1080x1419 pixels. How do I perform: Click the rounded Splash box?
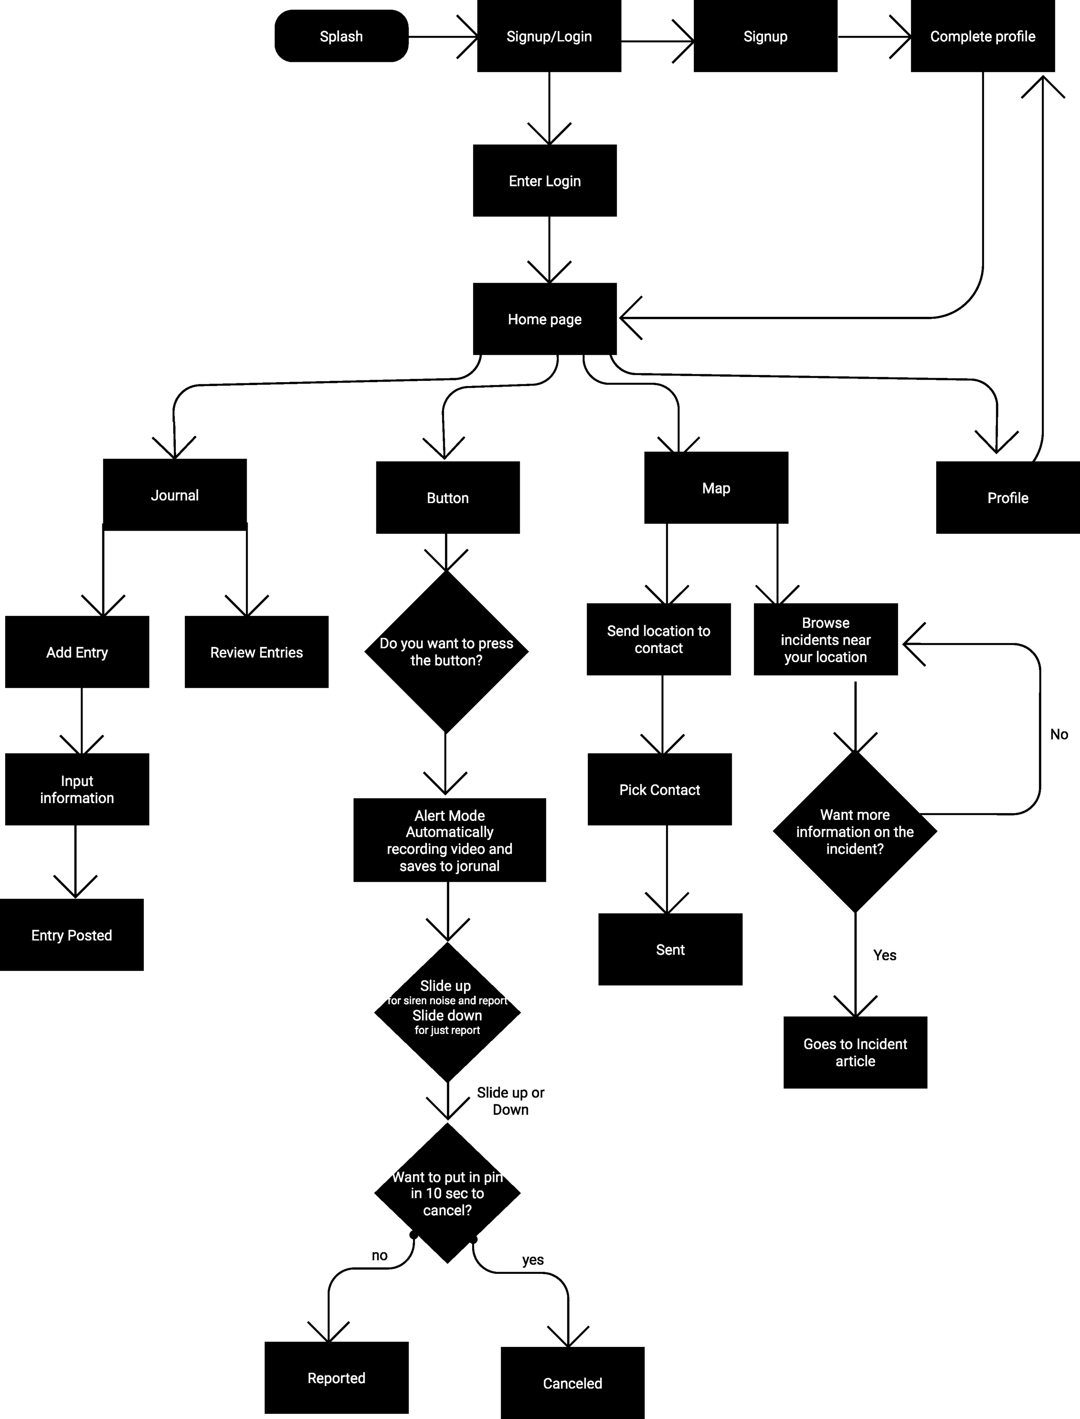tap(341, 36)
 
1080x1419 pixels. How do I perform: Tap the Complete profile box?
tap(982, 36)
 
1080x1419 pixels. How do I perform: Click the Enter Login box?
tap(544, 181)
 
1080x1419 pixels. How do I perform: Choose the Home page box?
tap(544, 319)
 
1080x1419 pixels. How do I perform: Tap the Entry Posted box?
tap(71, 934)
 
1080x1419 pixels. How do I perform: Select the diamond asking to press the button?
tap(446, 652)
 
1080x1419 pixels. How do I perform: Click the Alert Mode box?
tap(449, 840)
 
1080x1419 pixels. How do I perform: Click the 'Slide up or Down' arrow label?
tap(511, 1100)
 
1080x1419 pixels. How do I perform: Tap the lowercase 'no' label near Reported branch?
tap(379, 1255)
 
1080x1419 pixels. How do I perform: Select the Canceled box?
tap(572, 1383)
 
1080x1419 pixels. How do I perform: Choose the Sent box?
tap(670, 950)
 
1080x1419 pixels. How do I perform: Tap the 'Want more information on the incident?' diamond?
tap(854, 831)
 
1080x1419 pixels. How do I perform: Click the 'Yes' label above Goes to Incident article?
tap(885, 955)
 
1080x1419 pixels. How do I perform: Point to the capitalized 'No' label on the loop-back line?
tap(1059, 734)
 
